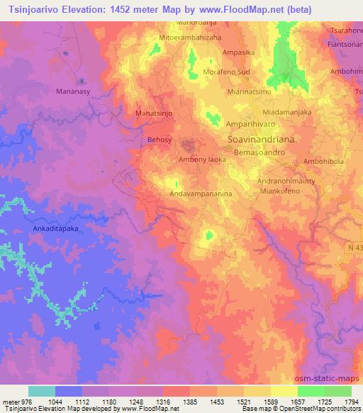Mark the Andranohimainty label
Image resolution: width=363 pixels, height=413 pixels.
280,181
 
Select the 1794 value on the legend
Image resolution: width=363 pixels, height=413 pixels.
352,402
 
